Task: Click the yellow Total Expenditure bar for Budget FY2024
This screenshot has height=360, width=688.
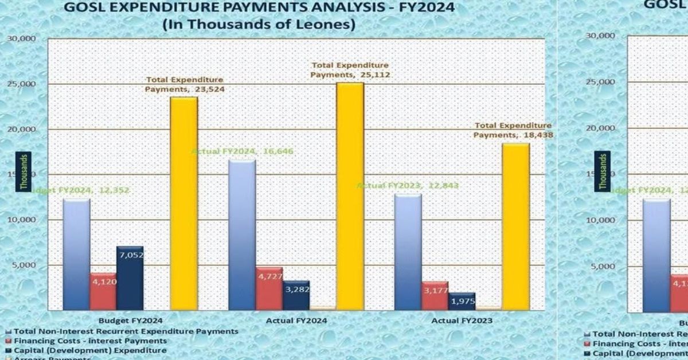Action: (x=184, y=204)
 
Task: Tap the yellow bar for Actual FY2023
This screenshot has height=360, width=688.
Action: (x=515, y=226)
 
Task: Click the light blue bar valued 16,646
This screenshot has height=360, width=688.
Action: (x=242, y=235)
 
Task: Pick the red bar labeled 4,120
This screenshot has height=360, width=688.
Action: (x=103, y=292)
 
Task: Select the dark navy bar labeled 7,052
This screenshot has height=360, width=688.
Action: (x=130, y=279)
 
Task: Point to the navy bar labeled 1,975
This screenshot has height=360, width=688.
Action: (x=462, y=302)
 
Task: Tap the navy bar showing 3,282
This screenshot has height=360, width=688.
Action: (x=296, y=296)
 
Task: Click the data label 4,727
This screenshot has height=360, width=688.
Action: (x=269, y=276)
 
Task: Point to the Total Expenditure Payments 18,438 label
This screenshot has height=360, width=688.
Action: (x=513, y=130)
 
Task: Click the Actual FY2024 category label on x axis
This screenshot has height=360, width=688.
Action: (x=296, y=320)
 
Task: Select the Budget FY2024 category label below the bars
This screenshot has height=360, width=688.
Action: (x=131, y=320)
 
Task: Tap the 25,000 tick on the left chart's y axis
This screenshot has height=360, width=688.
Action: (x=21, y=84)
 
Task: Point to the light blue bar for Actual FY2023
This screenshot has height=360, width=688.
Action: (x=408, y=252)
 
